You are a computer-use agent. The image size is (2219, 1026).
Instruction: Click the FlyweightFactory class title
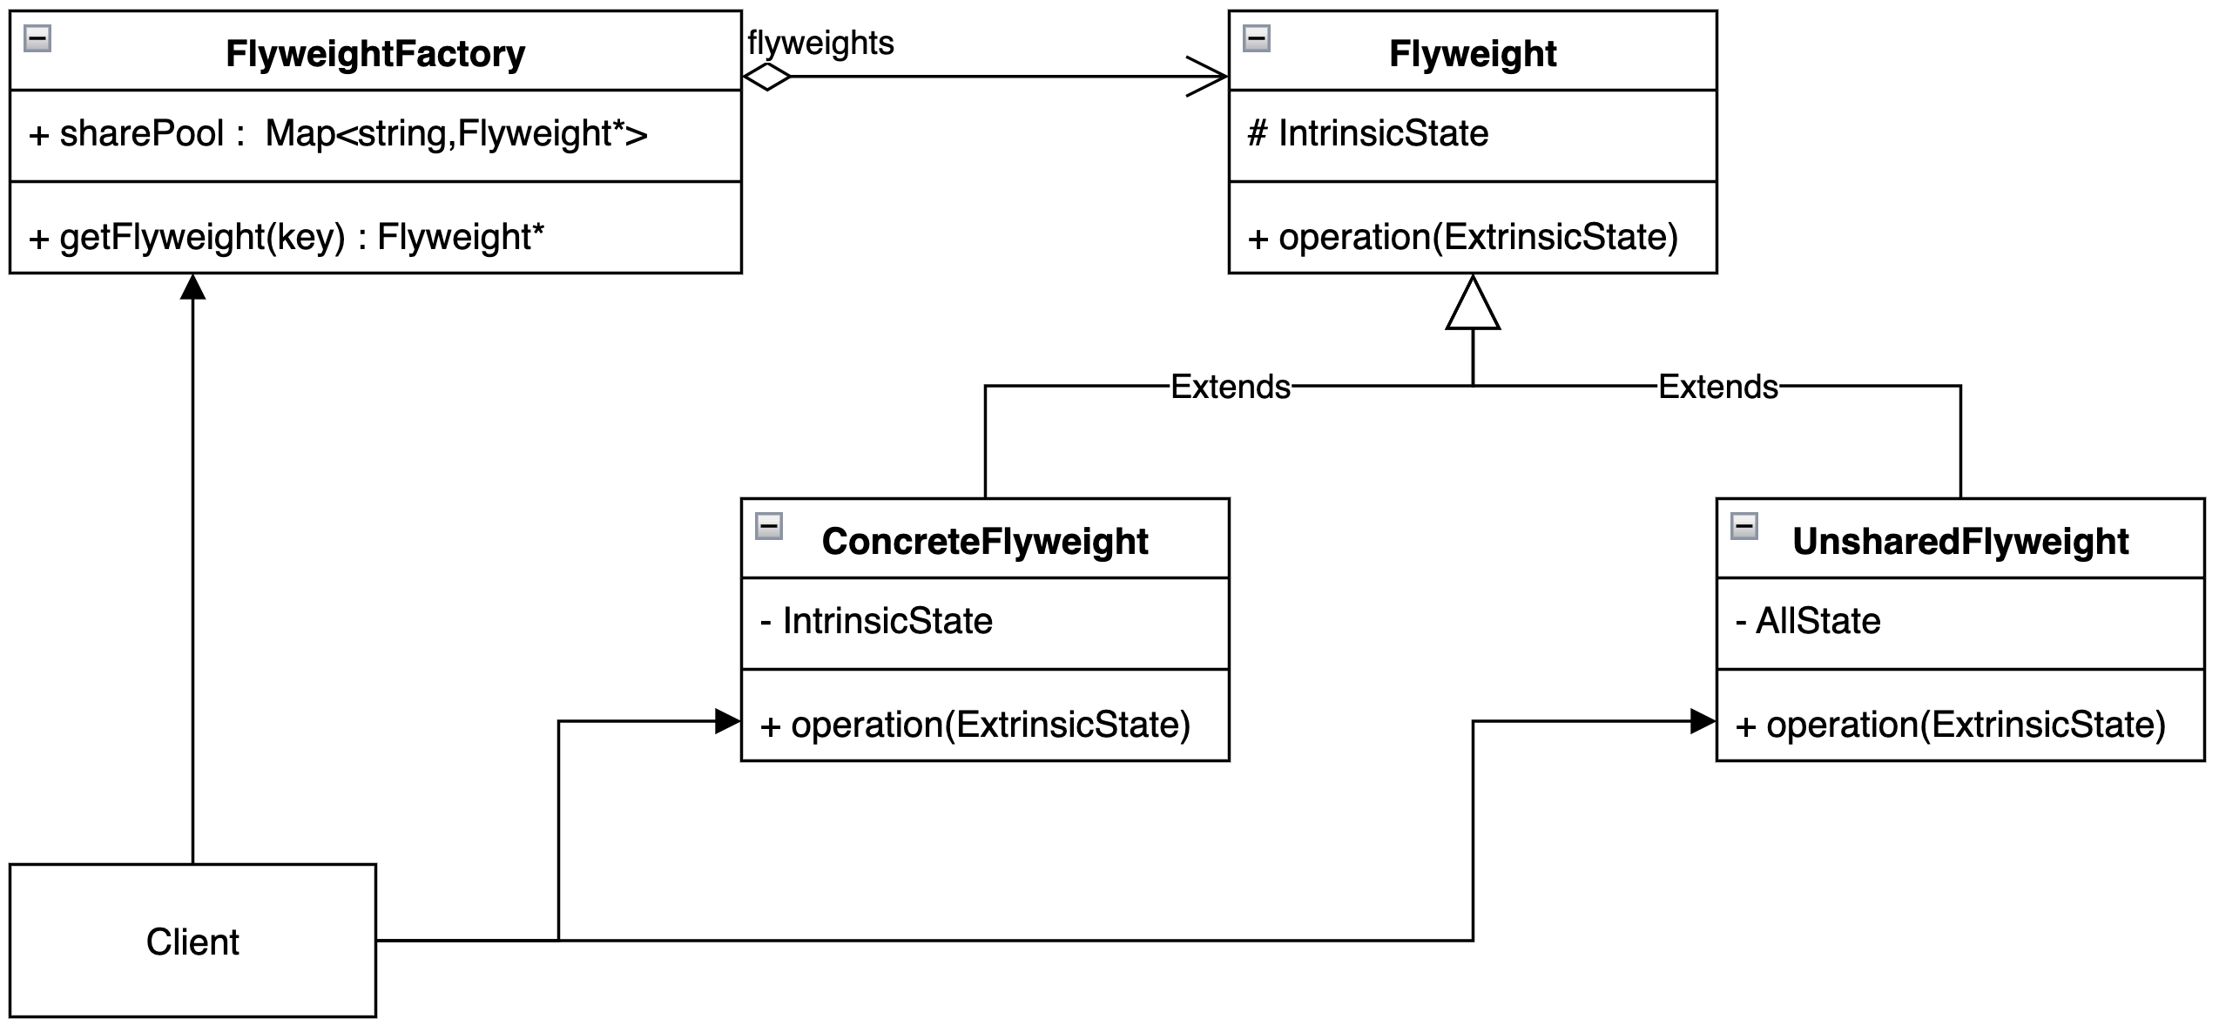375,54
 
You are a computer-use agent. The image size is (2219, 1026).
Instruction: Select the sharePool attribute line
338,134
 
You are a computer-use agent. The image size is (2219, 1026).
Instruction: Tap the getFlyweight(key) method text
287,237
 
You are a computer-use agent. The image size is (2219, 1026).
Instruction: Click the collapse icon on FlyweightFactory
37,38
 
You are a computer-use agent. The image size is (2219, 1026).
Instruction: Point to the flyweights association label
820,43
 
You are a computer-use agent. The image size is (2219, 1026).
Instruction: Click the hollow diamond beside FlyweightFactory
767,77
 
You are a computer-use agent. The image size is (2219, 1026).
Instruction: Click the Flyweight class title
1472,54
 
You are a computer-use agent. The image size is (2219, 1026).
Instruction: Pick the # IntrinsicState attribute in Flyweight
1368,134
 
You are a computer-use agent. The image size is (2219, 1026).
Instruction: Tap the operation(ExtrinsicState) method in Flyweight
1463,237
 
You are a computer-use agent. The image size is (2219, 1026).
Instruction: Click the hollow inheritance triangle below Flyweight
1473,305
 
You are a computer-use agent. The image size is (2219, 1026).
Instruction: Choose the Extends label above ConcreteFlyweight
1230,387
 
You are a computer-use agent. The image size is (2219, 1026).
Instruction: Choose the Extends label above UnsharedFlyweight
1717,387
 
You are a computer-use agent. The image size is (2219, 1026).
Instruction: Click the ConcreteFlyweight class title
985,542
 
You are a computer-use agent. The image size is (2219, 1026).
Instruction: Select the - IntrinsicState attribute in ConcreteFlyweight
876,621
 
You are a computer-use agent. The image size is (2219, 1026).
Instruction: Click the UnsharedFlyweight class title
1959,542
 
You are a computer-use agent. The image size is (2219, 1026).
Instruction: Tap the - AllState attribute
1808,621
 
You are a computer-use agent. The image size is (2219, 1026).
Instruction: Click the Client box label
192,942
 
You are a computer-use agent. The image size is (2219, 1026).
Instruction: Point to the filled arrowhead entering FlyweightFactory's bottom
192,287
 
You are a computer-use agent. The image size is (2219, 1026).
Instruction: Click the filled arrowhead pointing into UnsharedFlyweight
1702,721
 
